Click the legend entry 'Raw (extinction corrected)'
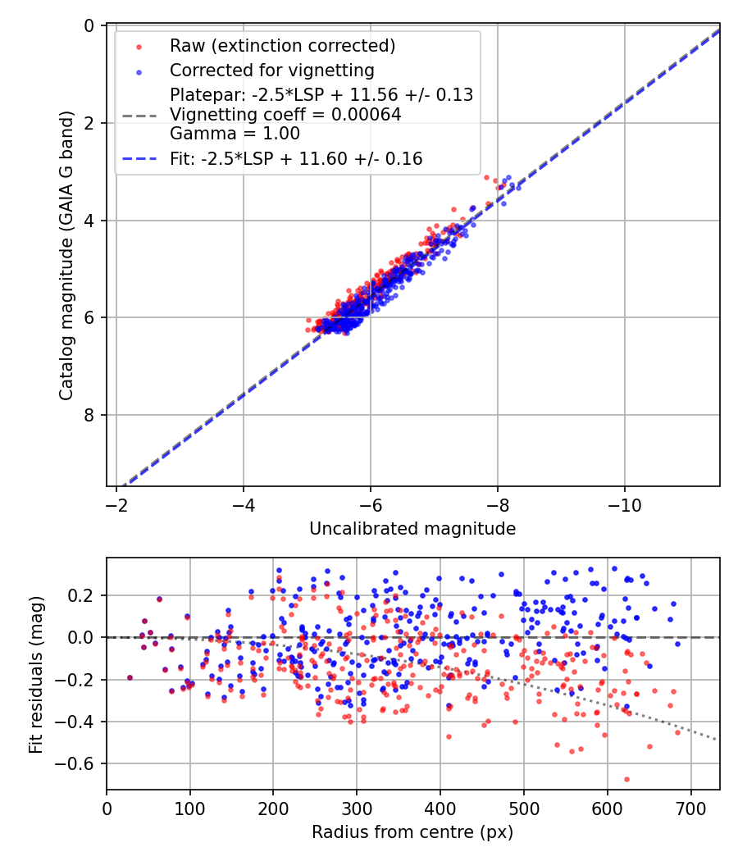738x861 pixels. click(282, 46)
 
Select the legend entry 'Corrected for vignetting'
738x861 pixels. click(271, 71)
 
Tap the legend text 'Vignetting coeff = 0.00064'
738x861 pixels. click(285, 115)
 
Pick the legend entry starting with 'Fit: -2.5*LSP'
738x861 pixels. click(296, 159)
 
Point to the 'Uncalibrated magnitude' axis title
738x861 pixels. click(412, 529)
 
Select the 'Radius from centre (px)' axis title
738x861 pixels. click(412, 832)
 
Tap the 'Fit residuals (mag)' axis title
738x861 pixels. click(35, 674)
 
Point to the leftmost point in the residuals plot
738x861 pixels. click(130, 678)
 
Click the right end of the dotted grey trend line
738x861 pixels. click(717, 740)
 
